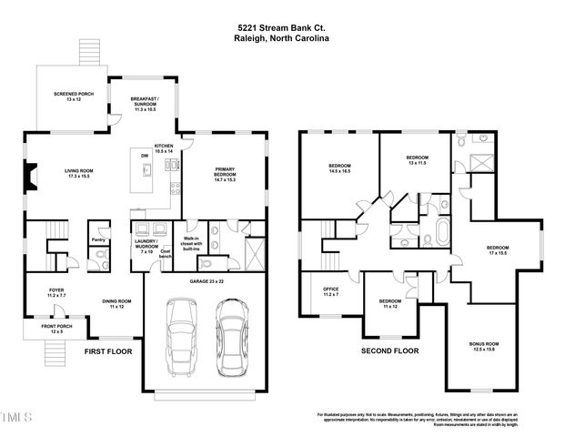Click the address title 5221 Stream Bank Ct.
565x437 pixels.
coord(281,28)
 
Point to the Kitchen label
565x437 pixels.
coord(164,148)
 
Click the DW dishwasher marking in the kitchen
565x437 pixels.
coord(144,155)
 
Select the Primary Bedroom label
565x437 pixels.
coord(224,173)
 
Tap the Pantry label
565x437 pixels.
coord(100,241)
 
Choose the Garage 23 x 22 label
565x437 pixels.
coord(206,284)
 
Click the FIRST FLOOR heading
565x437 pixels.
coord(107,351)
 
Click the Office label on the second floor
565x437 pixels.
coord(330,292)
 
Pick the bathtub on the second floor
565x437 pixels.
coord(442,231)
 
